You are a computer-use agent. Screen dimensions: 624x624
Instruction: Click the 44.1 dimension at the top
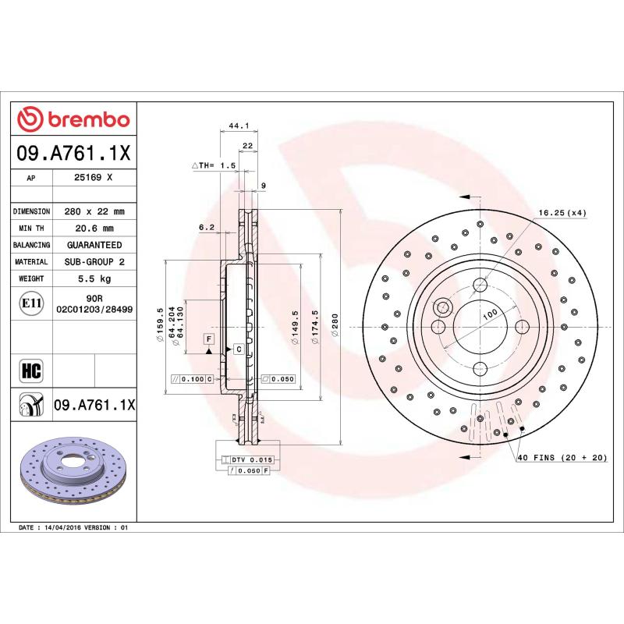[x=238, y=125]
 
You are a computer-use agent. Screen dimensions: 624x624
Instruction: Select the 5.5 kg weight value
[x=94, y=278]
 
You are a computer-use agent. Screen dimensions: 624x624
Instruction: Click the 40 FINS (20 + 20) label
[x=562, y=458]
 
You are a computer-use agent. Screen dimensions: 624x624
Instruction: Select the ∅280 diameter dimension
[x=335, y=325]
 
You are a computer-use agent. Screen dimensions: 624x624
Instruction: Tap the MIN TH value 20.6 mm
[x=94, y=228]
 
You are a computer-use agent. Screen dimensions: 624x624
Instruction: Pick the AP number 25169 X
[x=94, y=178]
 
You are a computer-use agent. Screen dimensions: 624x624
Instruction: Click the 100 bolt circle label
[x=490, y=314]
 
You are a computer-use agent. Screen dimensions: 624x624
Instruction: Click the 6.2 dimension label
[x=206, y=227]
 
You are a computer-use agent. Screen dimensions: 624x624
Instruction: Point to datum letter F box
[x=209, y=339]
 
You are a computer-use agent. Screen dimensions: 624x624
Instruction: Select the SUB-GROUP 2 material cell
[x=94, y=262]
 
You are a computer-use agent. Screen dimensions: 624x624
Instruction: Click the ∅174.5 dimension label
[x=314, y=325]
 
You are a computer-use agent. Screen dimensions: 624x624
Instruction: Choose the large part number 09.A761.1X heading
[x=74, y=154]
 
